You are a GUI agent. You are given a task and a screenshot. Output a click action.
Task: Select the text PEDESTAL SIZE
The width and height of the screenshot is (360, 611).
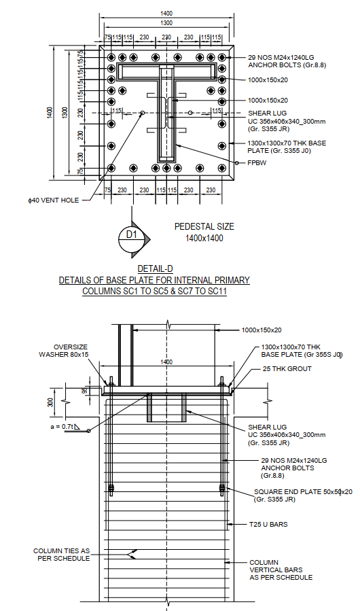click(x=203, y=226)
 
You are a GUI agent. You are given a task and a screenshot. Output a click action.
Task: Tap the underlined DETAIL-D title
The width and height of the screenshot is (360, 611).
click(x=154, y=268)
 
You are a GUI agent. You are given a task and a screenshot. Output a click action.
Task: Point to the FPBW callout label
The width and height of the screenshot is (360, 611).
click(x=256, y=163)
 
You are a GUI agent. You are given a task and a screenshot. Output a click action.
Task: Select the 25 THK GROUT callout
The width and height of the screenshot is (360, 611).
click(x=287, y=369)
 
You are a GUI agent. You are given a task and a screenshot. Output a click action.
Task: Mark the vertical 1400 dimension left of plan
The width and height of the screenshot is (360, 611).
click(x=49, y=112)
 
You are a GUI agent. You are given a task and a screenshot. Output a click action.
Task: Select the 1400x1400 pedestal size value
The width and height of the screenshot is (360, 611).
click(x=204, y=238)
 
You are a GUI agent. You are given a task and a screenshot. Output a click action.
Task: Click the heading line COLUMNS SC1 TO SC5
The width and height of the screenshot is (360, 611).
click(x=154, y=291)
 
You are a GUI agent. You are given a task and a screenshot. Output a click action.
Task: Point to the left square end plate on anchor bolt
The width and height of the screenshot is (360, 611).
click(x=111, y=487)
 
